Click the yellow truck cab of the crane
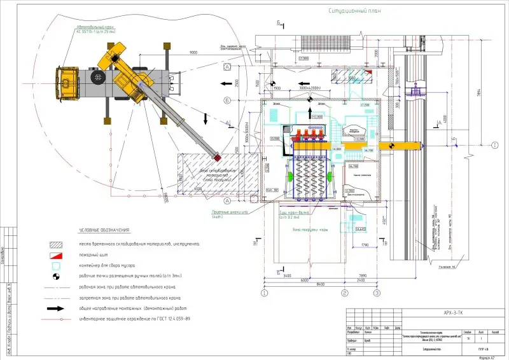[x=66, y=84]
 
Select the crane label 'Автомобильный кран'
[x=95, y=28]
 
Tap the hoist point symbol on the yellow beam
[x=391, y=146]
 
